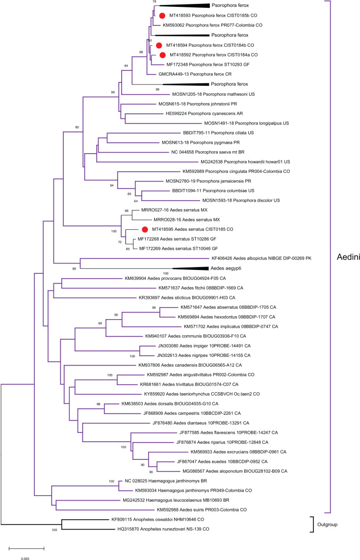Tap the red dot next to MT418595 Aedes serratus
click(145, 229)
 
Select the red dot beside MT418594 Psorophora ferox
click(159, 45)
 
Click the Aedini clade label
click(346, 257)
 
